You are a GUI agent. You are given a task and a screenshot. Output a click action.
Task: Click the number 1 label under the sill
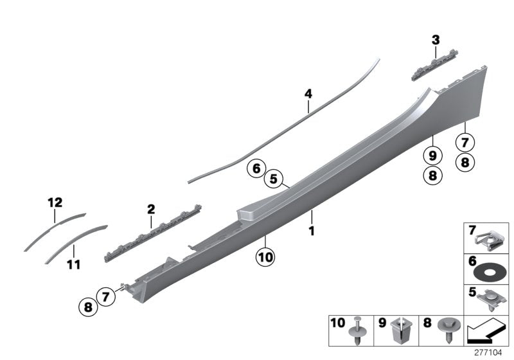pyautogui.click(x=312, y=230)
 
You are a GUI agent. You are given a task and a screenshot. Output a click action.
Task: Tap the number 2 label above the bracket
pyautogui.click(x=151, y=209)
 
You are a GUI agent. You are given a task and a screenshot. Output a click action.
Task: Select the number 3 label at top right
pyautogui.click(x=436, y=40)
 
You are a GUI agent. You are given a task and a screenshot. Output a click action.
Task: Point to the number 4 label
pyautogui.click(x=308, y=94)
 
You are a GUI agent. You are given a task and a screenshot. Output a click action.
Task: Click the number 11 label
pyautogui.click(x=74, y=264)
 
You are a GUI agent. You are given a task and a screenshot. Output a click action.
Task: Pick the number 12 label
pyautogui.click(x=55, y=203)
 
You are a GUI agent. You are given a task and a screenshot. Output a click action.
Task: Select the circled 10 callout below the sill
pyautogui.click(x=265, y=258)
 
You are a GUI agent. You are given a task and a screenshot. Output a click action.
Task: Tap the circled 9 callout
pyautogui.click(x=432, y=155)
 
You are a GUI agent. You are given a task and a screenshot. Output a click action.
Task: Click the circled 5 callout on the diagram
pyautogui.click(x=274, y=179)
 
